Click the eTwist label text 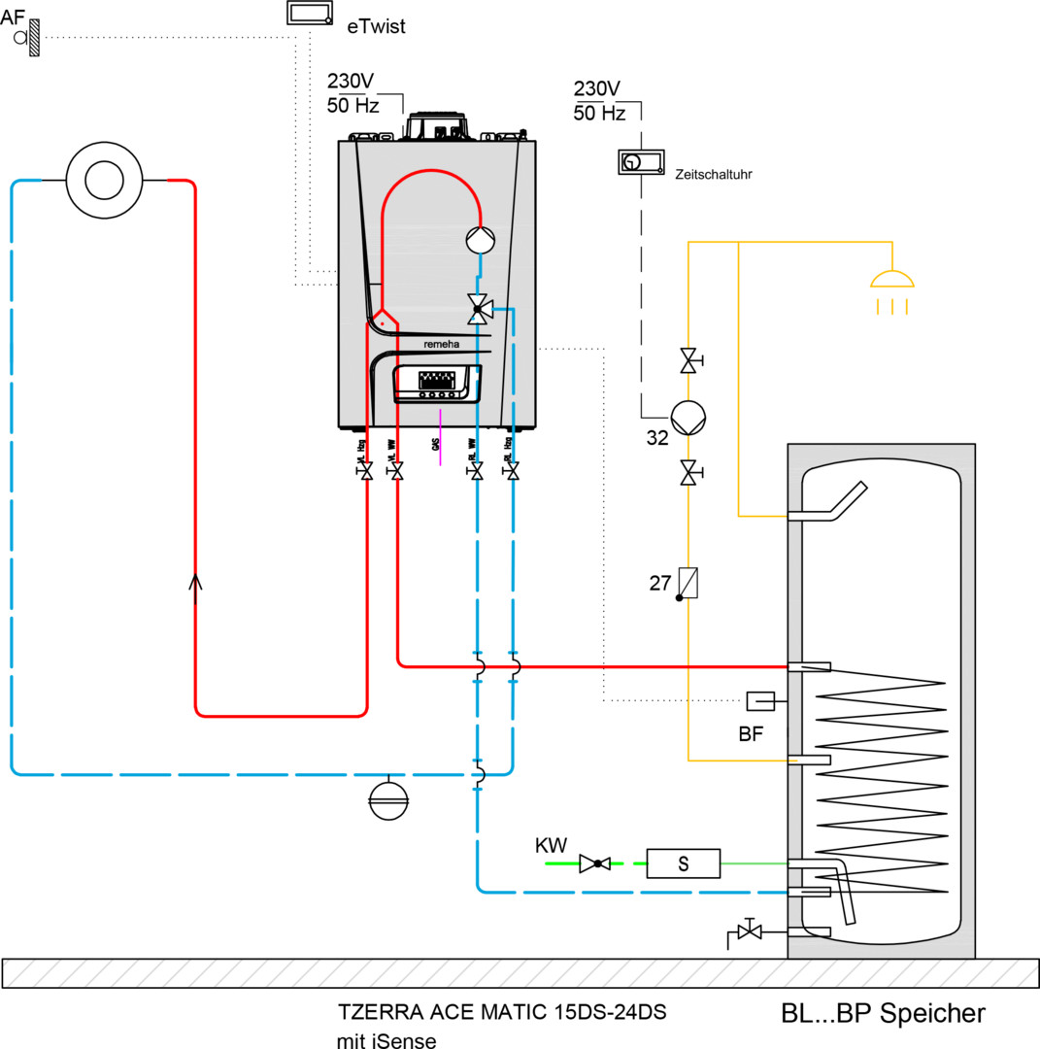376,26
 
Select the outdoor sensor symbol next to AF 30,36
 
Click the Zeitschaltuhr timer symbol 641,161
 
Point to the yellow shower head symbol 892,280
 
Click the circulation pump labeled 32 688,419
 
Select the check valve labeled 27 688,582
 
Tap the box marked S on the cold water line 684,863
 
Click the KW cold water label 551,844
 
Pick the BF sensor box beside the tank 759,699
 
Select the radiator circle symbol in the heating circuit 104,181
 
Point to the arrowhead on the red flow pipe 195,581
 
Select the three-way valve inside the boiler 478,309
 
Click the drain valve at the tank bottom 750,930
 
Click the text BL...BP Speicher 883,1014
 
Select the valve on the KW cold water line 594,863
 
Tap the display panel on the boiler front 437,381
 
